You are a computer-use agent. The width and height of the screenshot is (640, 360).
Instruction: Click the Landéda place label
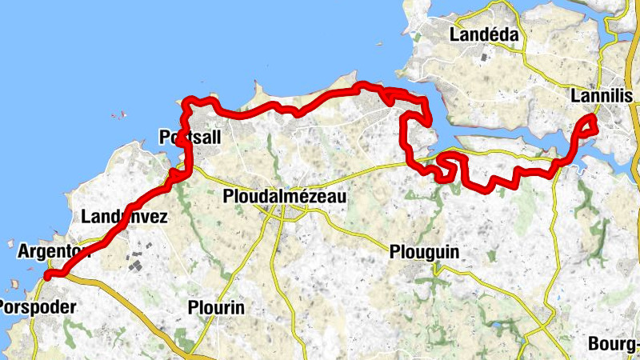484,35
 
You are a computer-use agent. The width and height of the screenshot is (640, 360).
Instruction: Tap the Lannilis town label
602,96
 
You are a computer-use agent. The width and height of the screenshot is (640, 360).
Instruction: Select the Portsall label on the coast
190,138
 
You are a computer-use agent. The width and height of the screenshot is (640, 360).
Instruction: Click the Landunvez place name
124,216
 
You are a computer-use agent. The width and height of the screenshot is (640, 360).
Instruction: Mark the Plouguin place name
424,252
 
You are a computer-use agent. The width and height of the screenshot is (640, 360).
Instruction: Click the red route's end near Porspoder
48,275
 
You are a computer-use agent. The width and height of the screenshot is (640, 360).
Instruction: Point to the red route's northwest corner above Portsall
189,101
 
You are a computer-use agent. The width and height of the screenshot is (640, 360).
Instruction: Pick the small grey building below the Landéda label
484,58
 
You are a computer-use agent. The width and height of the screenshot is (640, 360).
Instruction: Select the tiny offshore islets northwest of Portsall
118,114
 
